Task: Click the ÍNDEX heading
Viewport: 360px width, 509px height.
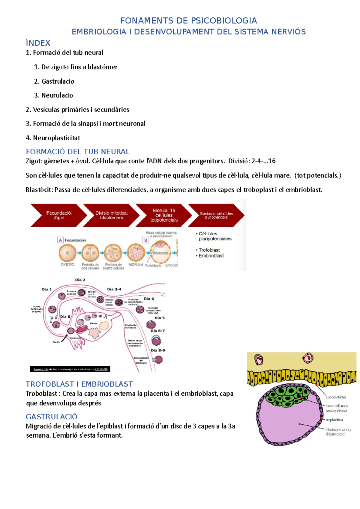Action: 38,43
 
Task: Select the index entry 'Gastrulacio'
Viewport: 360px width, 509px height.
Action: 58,81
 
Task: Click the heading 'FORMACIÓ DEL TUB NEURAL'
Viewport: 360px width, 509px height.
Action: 77,152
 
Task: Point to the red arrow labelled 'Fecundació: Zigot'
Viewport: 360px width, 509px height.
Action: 58,215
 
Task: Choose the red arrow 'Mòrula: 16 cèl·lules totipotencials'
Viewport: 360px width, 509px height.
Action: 164,215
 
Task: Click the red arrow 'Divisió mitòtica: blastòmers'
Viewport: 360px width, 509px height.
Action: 111,215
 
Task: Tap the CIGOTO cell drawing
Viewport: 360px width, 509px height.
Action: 67,253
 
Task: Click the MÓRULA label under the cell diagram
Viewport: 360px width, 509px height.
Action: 136,265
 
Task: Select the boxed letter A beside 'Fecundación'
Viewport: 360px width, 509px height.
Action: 60,240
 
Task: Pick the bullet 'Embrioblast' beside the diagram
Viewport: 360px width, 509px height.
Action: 211,256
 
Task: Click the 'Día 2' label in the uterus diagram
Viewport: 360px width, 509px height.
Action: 80,280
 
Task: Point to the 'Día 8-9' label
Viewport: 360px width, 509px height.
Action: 157,350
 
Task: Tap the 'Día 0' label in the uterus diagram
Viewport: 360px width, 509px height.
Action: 65,317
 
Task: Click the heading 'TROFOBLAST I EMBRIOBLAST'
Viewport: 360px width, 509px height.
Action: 79,384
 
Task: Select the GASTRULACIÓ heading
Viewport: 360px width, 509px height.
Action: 52,417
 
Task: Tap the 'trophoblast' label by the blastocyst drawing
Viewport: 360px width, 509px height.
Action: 334,420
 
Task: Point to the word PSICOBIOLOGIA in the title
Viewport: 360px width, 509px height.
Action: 224,21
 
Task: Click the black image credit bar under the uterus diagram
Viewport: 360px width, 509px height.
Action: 70,369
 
